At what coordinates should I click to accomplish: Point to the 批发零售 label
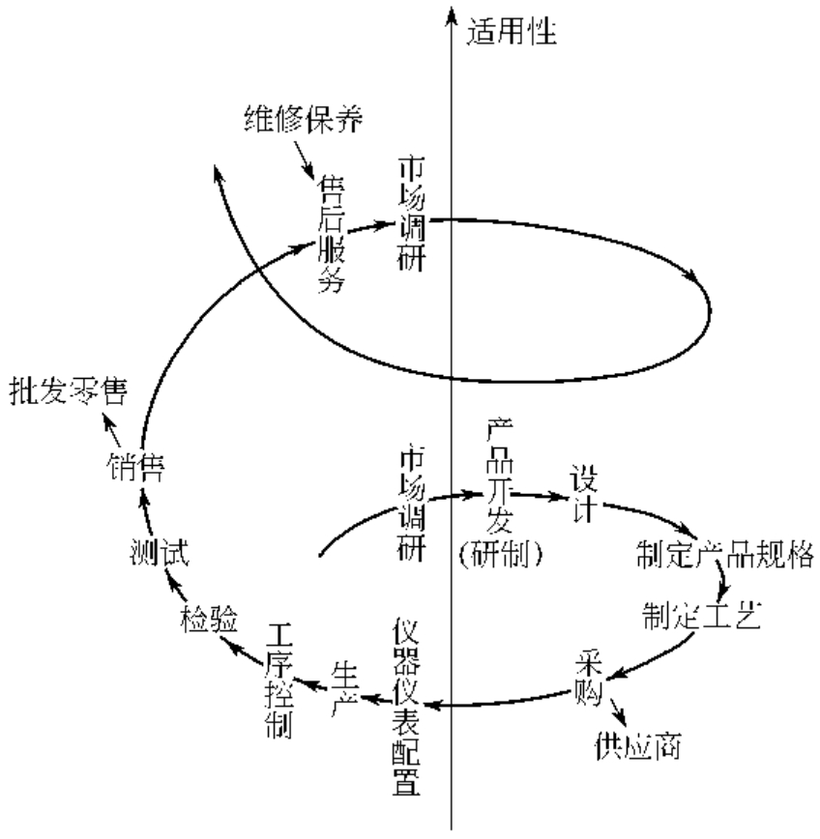click(x=68, y=392)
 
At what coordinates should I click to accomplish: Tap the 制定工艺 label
click(x=701, y=614)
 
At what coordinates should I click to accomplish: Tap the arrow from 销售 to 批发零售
click(x=115, y=432)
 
